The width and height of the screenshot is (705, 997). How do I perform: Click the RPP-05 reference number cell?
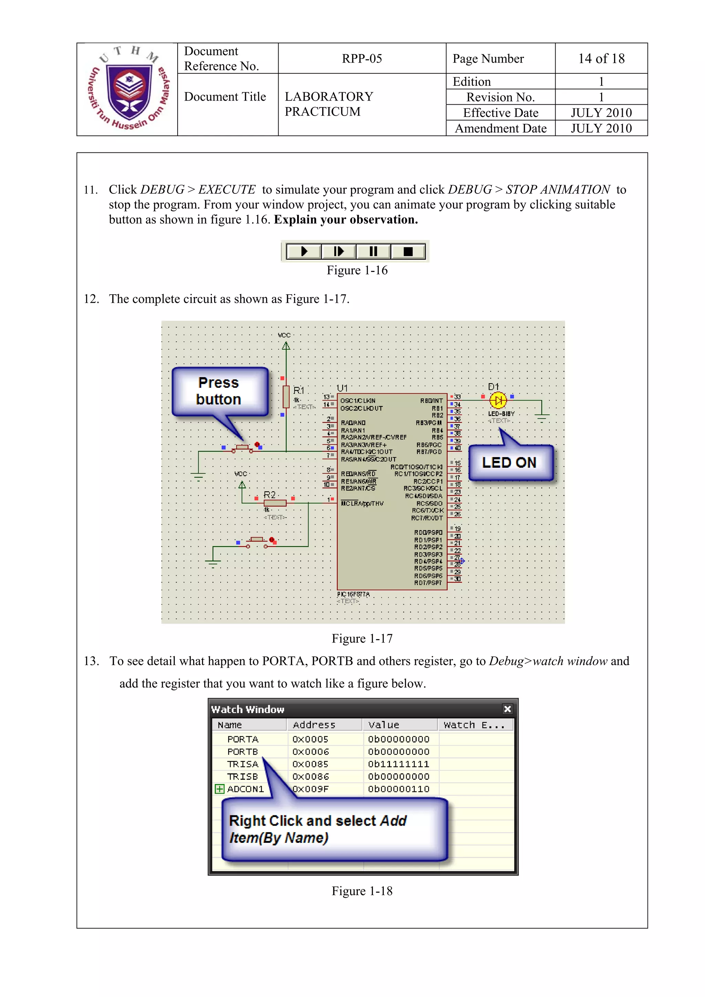click(x=361, y=59)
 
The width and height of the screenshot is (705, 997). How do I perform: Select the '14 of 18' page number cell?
click(x=601, y=59)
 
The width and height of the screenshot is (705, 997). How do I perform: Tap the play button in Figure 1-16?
click(x=304, y=252)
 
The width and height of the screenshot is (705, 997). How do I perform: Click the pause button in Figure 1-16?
click(x=373, y=252)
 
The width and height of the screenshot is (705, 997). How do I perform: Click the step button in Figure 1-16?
click(x=338, y=252)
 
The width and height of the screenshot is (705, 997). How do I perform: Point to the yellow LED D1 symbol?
click(x=498, y=400)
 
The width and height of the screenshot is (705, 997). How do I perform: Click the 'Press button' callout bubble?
click(x=219, y=391)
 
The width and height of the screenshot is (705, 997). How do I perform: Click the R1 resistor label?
click(x=299, y=390)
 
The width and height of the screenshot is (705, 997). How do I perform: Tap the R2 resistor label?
click(x=269, y=495)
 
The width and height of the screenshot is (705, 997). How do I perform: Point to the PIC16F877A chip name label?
click(x=353, y=594)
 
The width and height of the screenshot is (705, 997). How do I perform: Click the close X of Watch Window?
click(x=507, y=709)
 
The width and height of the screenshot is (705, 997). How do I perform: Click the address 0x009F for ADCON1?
click(x=310, y=789)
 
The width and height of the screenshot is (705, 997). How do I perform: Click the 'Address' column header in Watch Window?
click(x=314, y=725)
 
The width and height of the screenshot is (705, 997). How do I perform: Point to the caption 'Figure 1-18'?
click(x=362, y=891)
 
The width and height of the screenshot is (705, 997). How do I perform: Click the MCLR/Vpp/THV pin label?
click(x=362, y=503)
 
